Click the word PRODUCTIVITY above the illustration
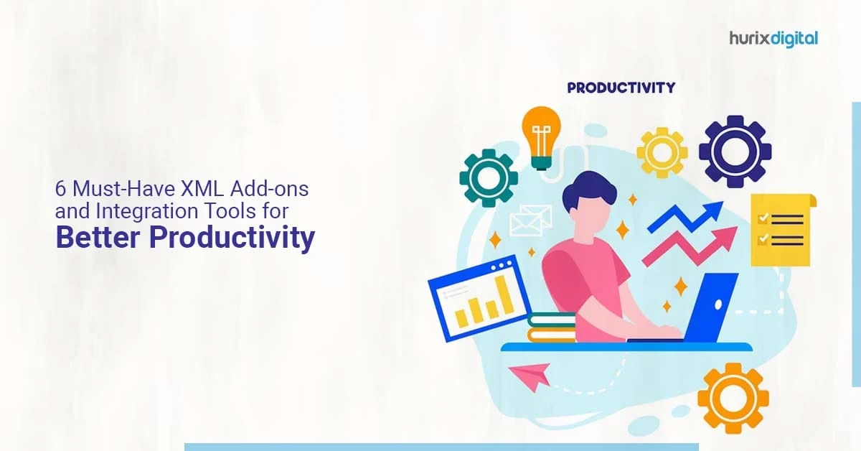point(621,88)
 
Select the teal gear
point(489,177)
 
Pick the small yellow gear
point(662,152)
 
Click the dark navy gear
point(735,151)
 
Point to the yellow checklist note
point(781,230)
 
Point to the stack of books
point(551,327)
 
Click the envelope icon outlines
point(529,218)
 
